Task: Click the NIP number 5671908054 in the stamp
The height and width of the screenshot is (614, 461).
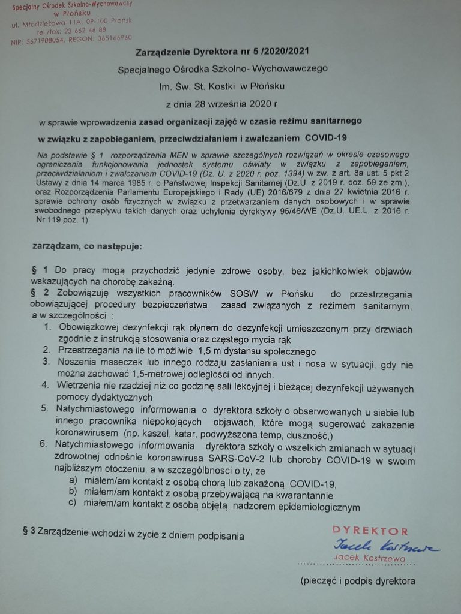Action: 47,39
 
